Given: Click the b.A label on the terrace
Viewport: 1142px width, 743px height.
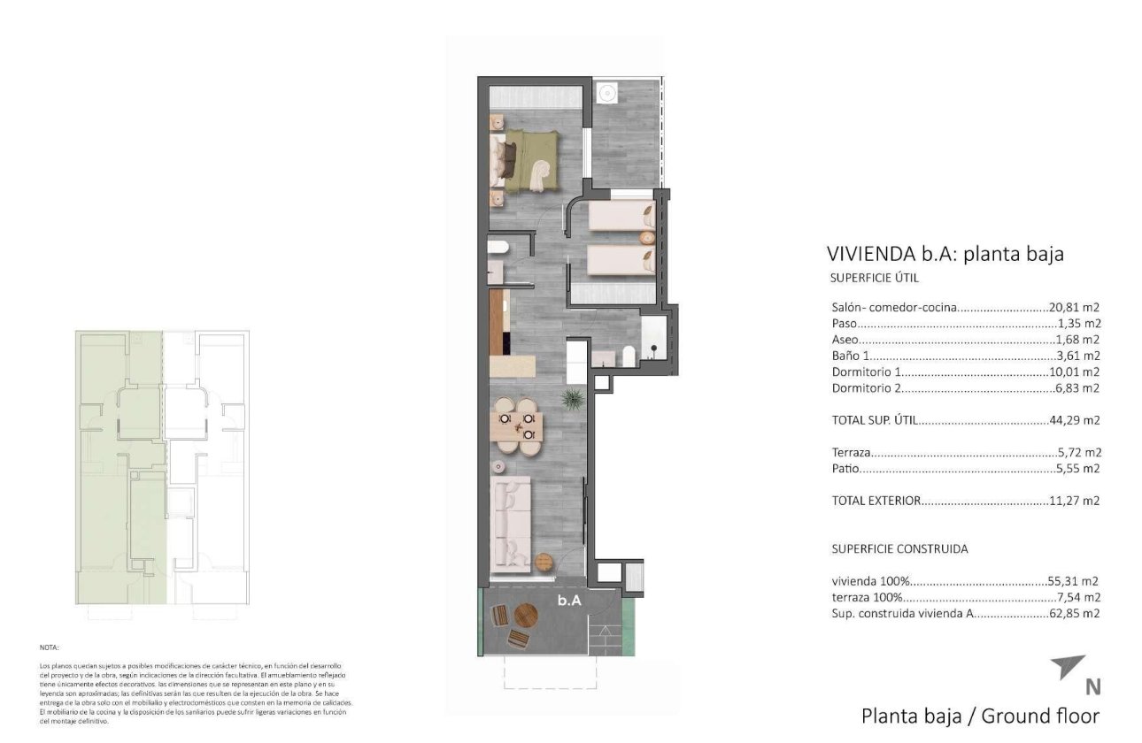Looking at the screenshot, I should (568, 600).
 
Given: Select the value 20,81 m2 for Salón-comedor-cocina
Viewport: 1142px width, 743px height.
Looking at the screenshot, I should (1074, 308).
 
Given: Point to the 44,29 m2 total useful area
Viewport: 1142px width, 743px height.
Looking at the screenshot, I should (1074, 420).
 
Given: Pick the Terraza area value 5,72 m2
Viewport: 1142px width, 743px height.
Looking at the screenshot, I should (1077, 452).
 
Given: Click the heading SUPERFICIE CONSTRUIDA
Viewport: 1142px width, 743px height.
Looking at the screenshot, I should (899, 548).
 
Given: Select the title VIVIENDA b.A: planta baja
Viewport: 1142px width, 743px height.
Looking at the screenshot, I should (945, 254).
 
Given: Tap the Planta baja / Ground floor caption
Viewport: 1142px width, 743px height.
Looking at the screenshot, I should (980, 716).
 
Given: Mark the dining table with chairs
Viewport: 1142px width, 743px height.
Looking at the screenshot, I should (516, 426).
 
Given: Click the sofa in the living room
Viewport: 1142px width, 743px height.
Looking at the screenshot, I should (511, 523).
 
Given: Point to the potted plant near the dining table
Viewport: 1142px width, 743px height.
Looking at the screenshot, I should (573, 398).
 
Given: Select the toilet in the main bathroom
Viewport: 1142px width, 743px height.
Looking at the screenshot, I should (629, 356).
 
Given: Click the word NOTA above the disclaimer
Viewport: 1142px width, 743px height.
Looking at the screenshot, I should (50, 647).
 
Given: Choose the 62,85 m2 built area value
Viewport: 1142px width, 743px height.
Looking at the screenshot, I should (1074, 613).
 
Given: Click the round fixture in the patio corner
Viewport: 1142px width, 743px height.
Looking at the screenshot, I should (607, 93).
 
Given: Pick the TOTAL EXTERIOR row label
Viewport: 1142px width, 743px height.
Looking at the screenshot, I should (876, 501).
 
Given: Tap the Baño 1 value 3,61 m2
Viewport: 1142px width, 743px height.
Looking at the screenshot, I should (1077, 356).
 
